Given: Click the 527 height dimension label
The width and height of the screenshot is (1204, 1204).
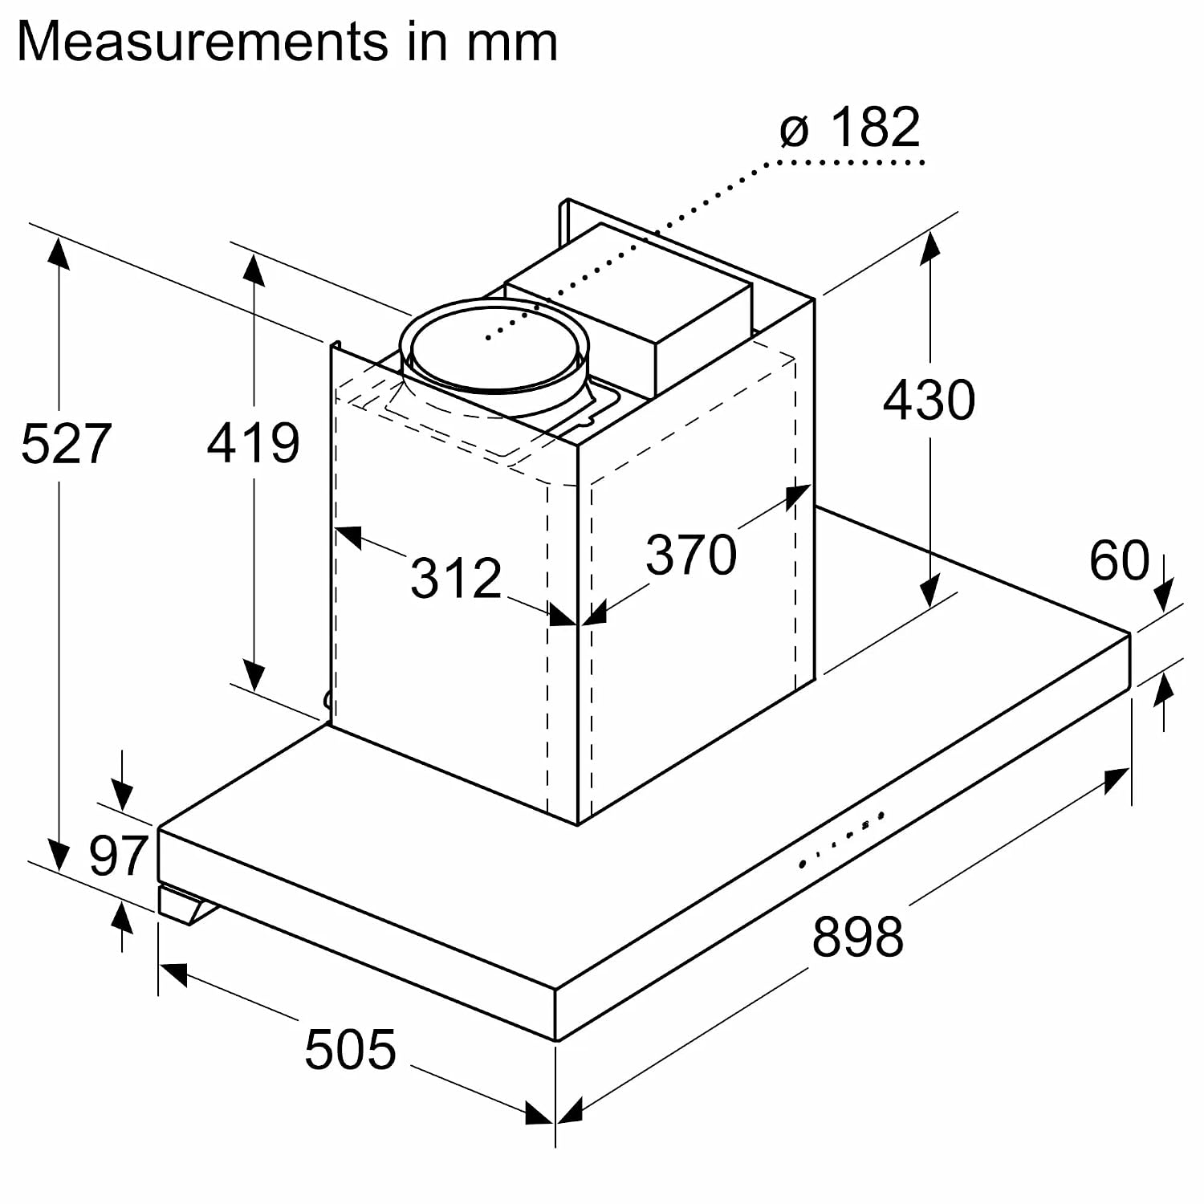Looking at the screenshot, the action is click(x=66, y=443).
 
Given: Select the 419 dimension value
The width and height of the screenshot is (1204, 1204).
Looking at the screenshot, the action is click(x=254, y=442).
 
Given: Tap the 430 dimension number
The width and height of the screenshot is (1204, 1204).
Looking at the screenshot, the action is click(x=929, y=400).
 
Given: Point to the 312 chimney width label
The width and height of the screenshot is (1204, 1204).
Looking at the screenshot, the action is click(x=456, y=577).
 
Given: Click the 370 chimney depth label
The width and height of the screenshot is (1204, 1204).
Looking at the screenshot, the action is click(x=691, y=555).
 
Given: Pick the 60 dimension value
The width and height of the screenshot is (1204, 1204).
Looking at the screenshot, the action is click(x=1119, y=560).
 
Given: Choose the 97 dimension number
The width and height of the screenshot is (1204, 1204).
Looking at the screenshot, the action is click(x=118, y=856).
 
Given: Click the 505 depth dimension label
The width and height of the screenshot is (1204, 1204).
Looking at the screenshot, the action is click(x=350, y=1049).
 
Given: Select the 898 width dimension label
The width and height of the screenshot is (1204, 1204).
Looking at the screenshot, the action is click(x=857, y=936).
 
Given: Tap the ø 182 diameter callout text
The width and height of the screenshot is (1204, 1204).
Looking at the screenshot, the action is click(x=849, y=127).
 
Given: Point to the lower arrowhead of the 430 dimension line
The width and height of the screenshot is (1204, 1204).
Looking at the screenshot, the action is click(x=929, y=591).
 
